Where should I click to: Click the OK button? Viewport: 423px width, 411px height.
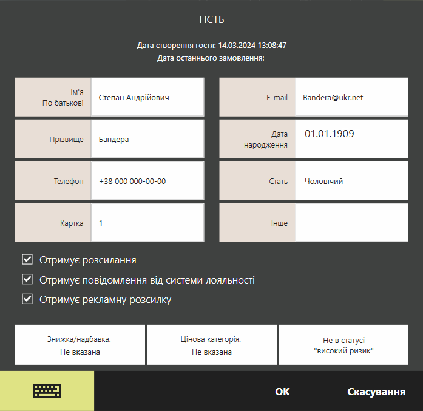pyautogui.click(x=282, y=392)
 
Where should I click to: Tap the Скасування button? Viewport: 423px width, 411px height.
pyautogui.click(x=376, y=392)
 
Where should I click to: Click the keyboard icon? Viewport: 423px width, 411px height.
pyautogui.click(x=47, y=391)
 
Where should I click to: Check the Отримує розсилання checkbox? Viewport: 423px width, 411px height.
pyautogui.click(x=27, y=260)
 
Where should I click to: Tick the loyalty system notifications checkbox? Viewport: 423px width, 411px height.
pyautogui.click(x=27, y=280)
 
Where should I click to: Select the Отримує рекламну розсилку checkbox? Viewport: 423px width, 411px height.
pyautogui.click(x=27, y=299)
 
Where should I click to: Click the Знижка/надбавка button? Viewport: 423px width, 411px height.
pyautogui.click(x=80, y=345)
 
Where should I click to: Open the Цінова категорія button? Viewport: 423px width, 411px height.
pyautogui.click(x=212, y=345)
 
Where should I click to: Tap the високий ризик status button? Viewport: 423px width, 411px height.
pyautogui.click(x=343, y=345)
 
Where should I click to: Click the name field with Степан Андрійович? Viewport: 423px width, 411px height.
pyautogui.click(x=147, y=97)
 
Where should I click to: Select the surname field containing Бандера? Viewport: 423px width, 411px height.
pyautogui.click(x=147, y=139)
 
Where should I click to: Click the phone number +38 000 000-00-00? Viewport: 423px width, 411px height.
pyautogui.click(x=132, y=181)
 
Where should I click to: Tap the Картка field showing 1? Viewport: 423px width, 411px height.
pyautogui.click(x=147, y=223)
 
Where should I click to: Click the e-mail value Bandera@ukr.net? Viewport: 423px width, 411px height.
pyautogui.click(x=333, y=97)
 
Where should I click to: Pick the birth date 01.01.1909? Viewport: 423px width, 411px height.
pyautogui.click(x=329, y=134)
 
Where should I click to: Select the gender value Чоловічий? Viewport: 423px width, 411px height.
pyautogui.click(x=323, y=181)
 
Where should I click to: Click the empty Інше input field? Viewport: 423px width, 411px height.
pyautogui.click(x=352, y=223)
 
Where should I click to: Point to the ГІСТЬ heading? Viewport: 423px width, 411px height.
pyautogui.click(x=212, y=19)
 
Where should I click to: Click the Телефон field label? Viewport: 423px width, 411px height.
pyautogui.click(x=69, y=181)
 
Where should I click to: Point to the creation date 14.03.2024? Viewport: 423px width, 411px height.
pyautogui.click(x=237, y=46)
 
